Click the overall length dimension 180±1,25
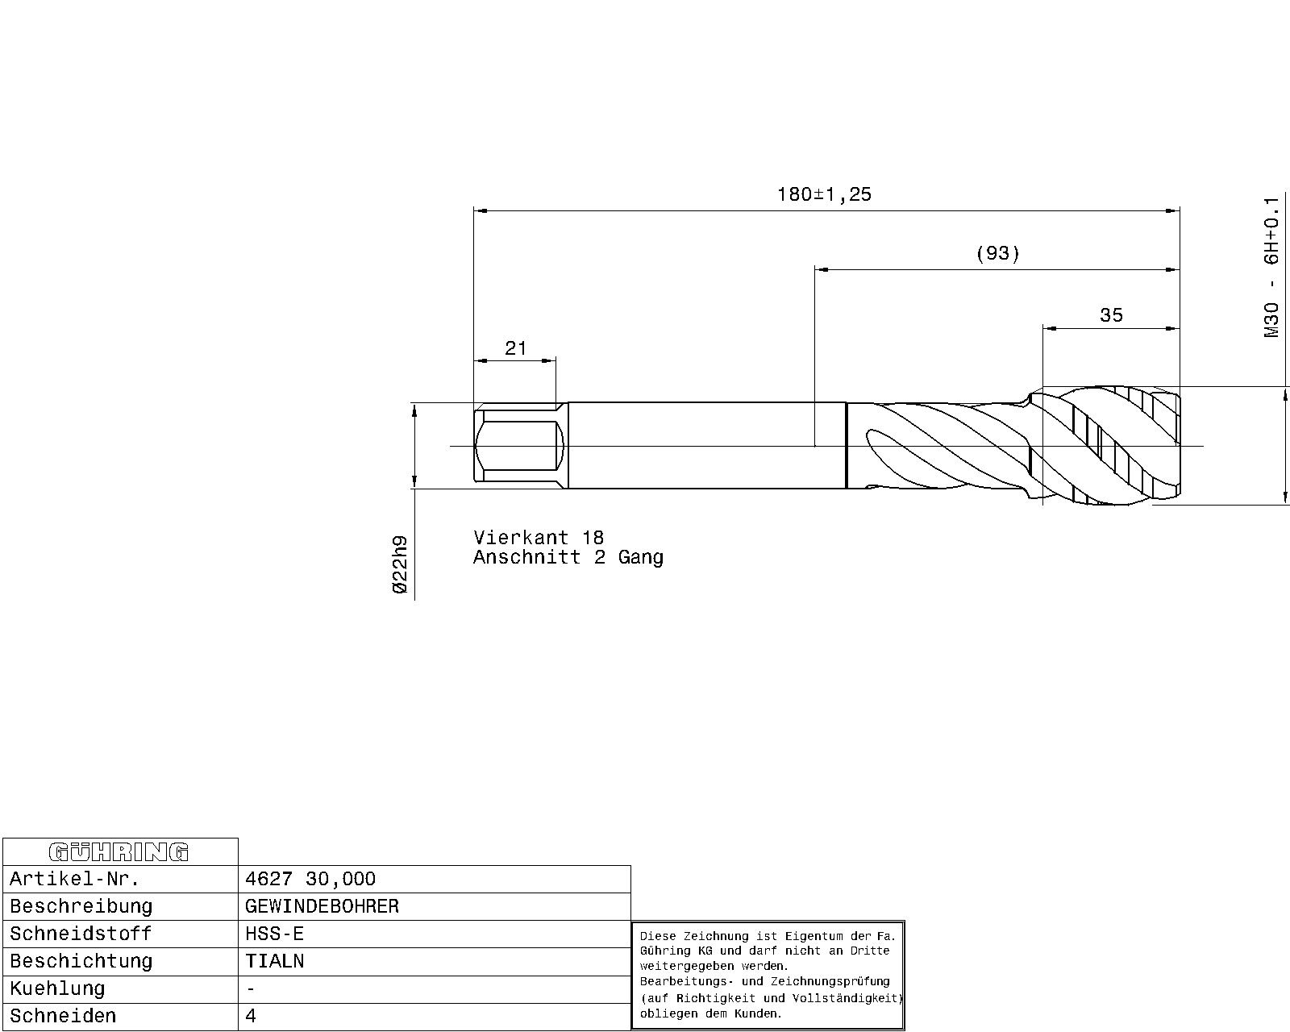(x=824, y=195)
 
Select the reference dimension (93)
(x=998, y=254)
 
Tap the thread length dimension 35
(x=1111, y=315)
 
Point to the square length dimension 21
(x=515, y=348)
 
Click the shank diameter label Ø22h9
(x=400, y=564)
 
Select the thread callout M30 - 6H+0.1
(x=1271, y=268)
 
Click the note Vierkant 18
(x=539, y=537)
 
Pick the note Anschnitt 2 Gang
(x=568, y=558)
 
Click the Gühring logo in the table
(x=119, y=852)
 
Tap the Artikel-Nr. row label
(x=74, y=879)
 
